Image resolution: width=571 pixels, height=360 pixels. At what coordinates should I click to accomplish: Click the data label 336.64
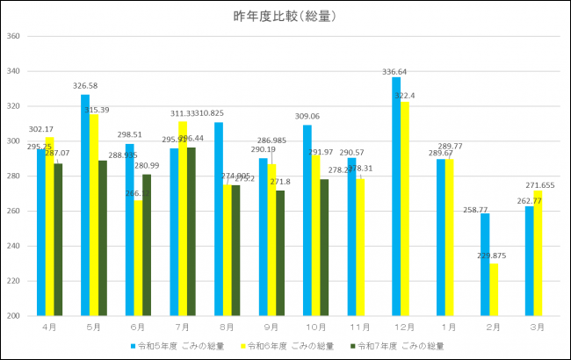click(x=394, y=71)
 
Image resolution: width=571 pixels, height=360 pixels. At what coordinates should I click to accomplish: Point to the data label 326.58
click(x=84, y=86)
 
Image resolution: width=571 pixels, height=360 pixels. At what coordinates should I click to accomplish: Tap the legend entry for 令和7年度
click(x=401, y=346)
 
